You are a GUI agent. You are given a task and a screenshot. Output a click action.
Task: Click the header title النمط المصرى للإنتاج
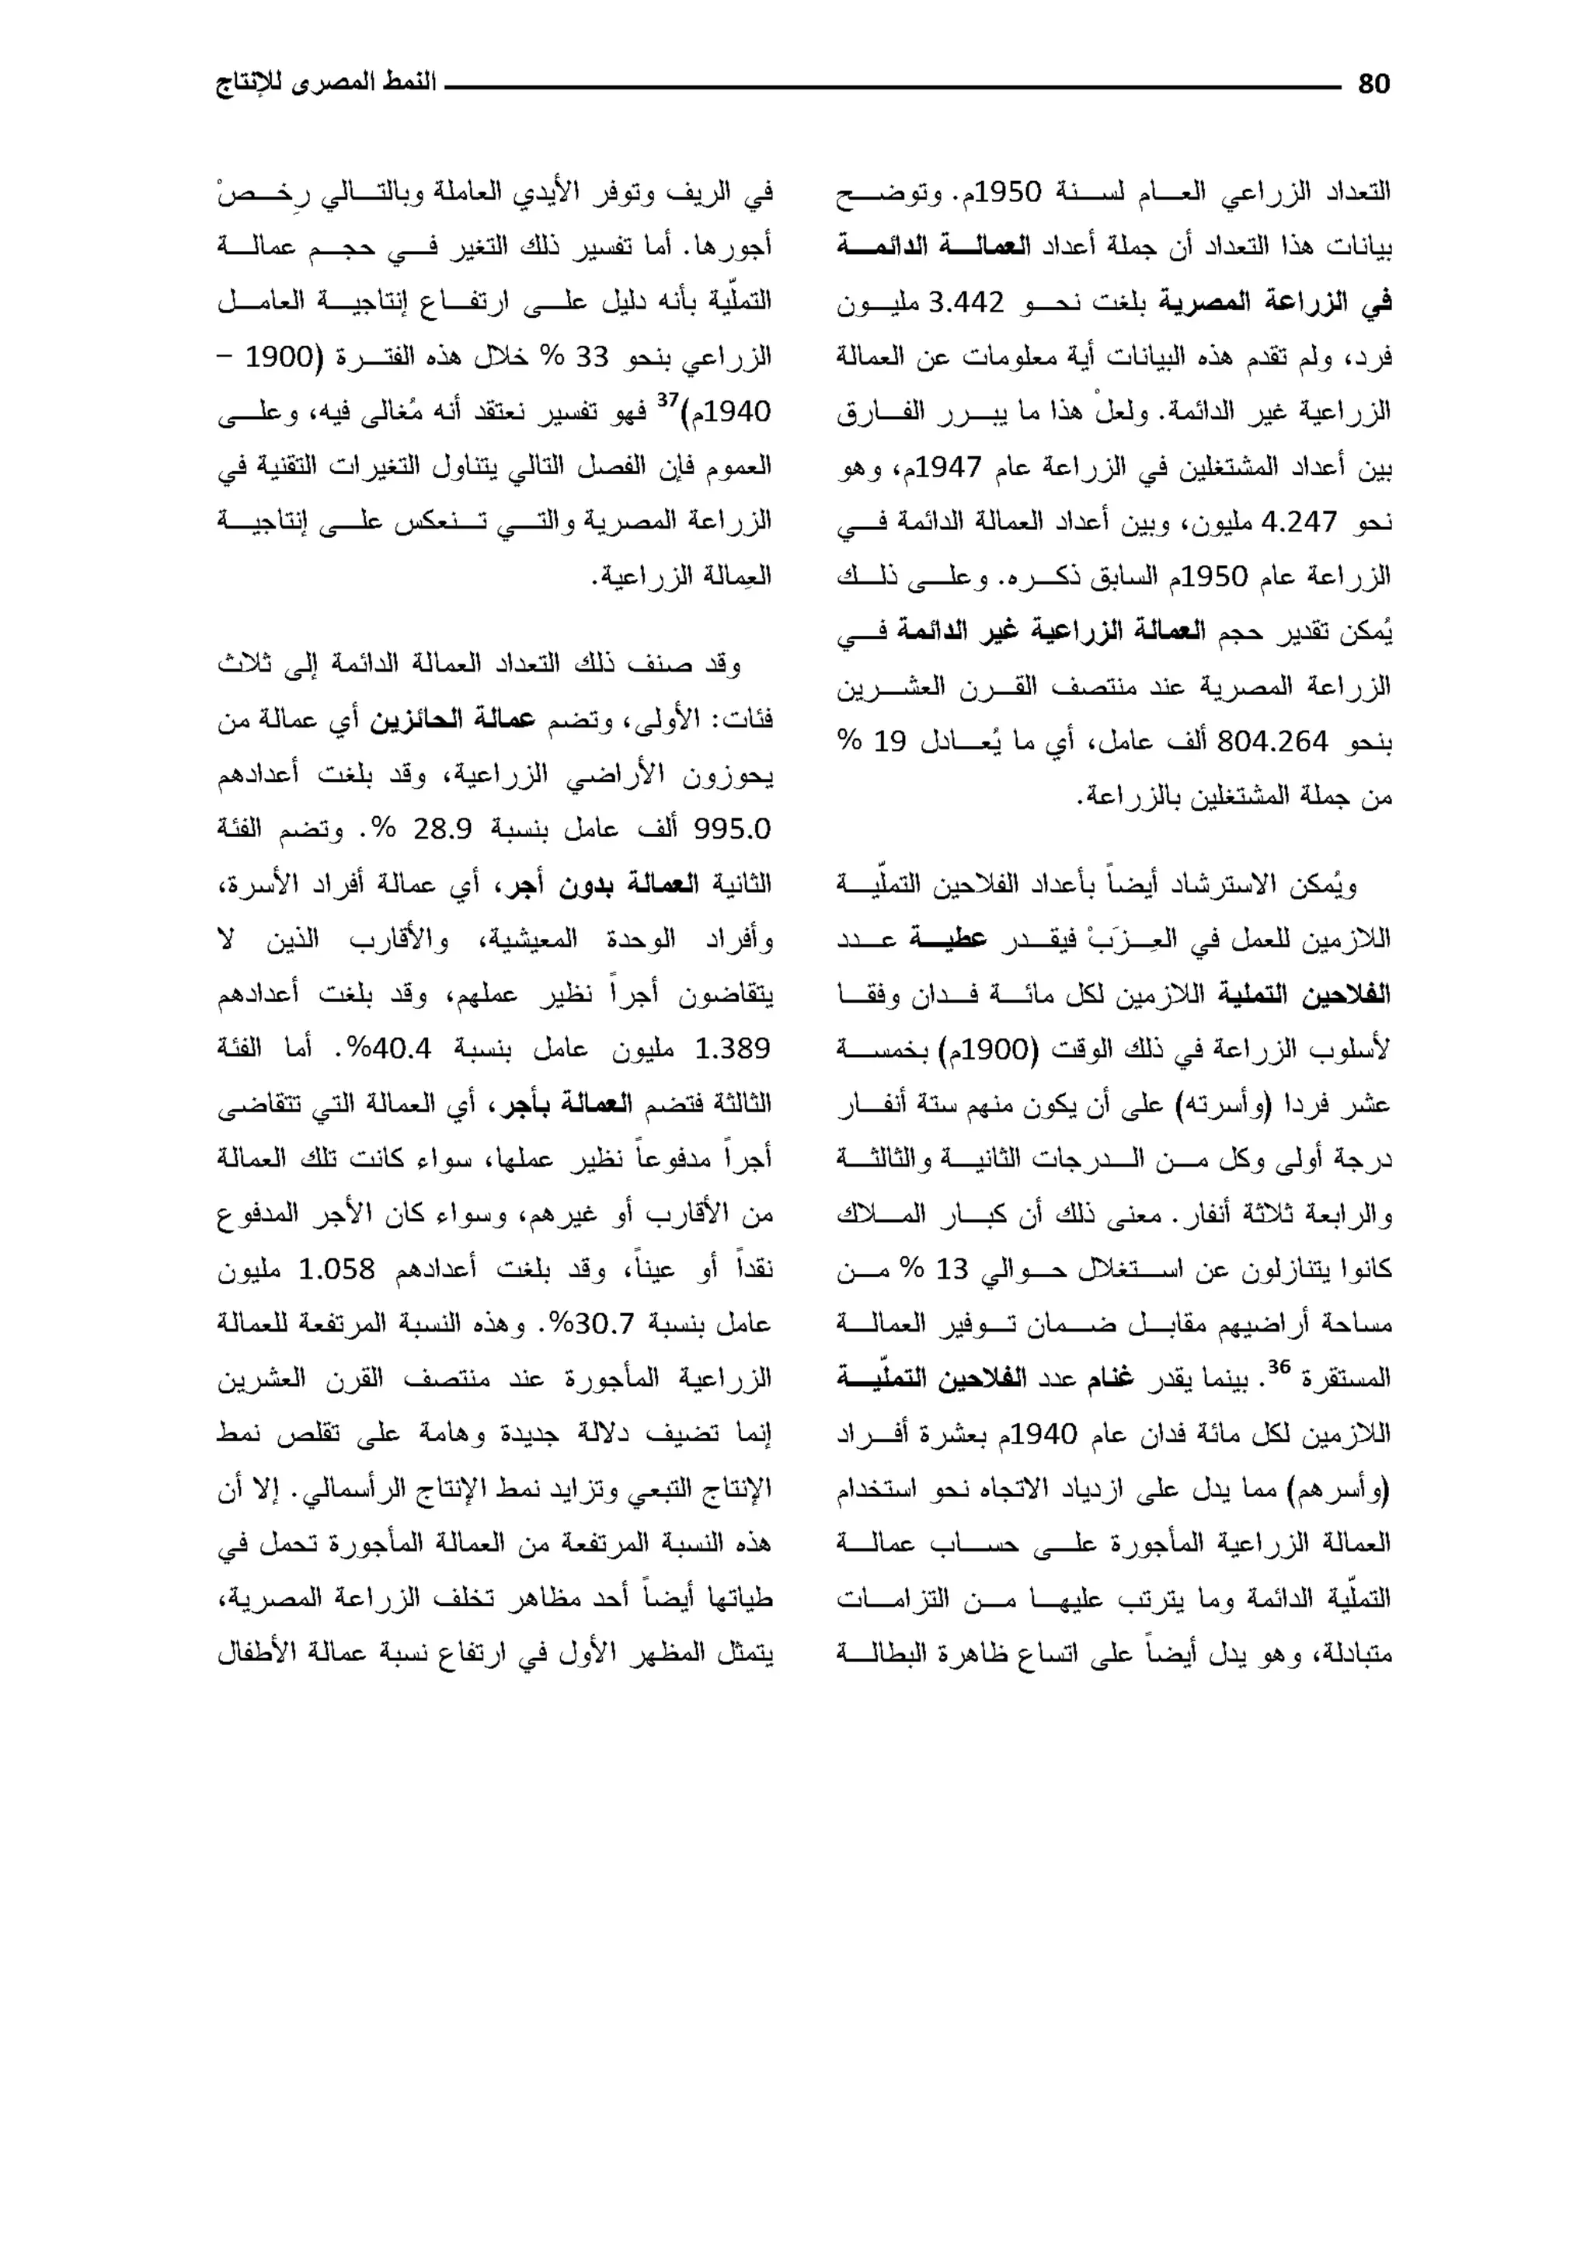[x=326, y=83]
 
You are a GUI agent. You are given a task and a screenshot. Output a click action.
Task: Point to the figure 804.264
[x=1272, y=742]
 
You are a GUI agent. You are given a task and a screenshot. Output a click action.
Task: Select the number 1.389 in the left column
[x=732, y=1049]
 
